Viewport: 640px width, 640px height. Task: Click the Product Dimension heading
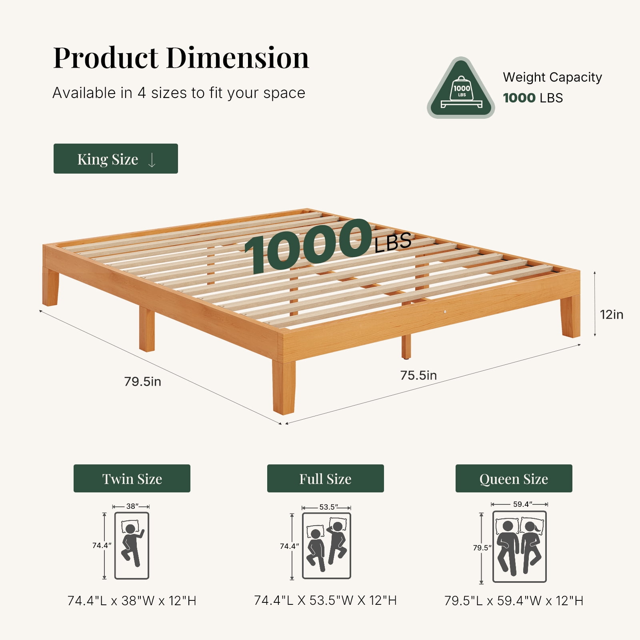pos(181,58)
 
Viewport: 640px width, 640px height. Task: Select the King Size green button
pos(116,158)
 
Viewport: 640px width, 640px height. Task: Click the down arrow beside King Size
pos(152,160)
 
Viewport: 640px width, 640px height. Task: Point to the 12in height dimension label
pos(612,314)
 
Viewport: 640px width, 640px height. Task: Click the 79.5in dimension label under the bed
pos(143,381)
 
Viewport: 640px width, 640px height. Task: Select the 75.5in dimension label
pos(418,375)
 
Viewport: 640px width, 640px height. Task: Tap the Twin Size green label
pos(132,478)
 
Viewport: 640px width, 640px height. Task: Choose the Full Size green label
pos(326,478)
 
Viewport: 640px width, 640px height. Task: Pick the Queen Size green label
pos(514,478)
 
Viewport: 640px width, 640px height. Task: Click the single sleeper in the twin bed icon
pos(132,545)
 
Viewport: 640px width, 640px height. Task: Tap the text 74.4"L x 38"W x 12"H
pos(132,601)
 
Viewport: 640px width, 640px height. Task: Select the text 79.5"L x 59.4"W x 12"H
pos(514,601)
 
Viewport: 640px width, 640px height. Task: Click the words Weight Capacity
pos(552,77)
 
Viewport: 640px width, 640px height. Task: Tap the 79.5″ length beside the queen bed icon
pos(482,548)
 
